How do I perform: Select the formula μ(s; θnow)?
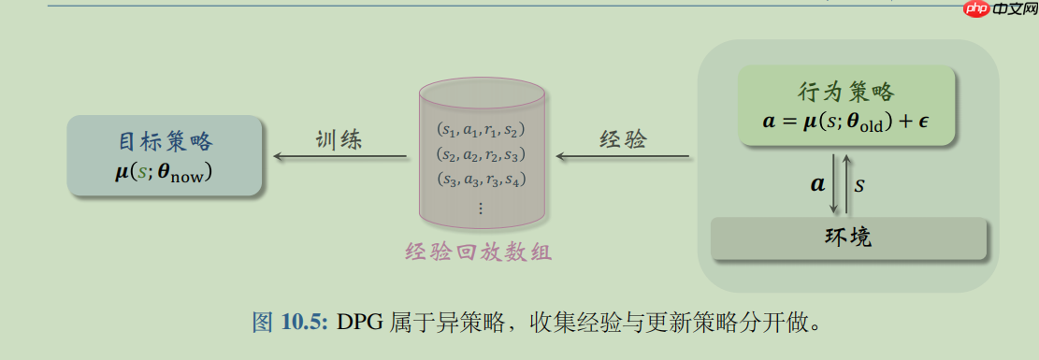pos(164,172)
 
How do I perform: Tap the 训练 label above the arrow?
pos(338,140)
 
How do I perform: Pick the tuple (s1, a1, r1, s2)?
pos(482,130)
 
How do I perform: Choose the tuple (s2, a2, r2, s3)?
pos(482,154)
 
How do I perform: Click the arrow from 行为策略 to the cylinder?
pos(622,156)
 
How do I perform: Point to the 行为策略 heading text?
pos(846,93)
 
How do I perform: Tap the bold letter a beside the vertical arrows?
pos(817,183)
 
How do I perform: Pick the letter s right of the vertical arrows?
pos(859,184)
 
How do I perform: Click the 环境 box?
pos(849,238)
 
